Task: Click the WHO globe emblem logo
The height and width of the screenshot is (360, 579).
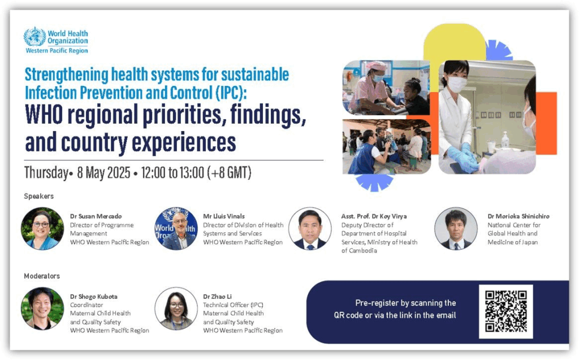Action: (x=34, y=37)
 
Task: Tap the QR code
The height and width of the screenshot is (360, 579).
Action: (x=505, y=311)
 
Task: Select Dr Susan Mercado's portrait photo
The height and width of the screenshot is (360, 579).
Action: (x=42, y=228)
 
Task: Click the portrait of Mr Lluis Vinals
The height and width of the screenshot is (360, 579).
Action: (x=176, y=228)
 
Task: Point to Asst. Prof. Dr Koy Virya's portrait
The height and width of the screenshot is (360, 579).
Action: (x=310, y=228)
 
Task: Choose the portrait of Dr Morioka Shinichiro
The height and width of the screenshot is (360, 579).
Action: (x=456, y=228)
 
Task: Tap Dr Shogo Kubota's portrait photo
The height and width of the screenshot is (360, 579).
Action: (x=42, y=309)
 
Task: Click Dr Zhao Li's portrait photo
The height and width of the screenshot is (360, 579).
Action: (x=176, y=309)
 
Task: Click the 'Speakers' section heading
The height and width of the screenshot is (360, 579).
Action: (x=39, y=196)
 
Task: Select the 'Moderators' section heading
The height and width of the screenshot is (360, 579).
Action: (x=42, y=276)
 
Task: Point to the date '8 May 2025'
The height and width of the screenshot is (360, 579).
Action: (x=103, y=172)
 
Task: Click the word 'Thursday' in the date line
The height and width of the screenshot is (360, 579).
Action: (x=46, y=173)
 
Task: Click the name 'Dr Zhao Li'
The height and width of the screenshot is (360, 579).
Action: (x=218, y=297)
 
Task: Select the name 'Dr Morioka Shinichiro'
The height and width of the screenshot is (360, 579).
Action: (x=518, y=216)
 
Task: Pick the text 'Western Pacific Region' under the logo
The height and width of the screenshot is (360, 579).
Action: (x=57, y=51)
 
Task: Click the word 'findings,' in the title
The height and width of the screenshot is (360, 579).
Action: (x=268, y=115)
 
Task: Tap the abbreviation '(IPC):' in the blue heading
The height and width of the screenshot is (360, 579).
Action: (x=231, y=92)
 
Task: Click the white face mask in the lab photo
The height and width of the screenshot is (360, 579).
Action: (x=457, y=84)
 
